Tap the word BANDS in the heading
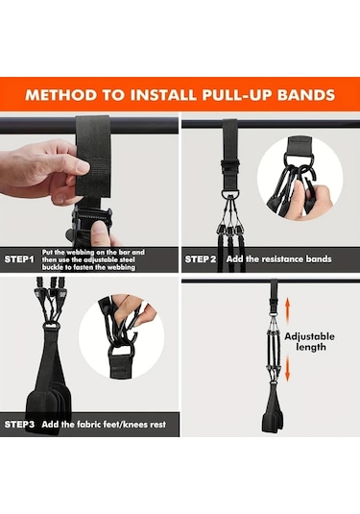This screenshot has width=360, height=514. (x=306, y=95)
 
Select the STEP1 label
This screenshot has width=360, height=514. (x=19, y=259)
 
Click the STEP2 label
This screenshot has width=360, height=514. (x=201, y=259)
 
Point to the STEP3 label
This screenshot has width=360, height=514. (x=19, y=425)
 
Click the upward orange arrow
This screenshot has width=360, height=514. (x=287, y=306)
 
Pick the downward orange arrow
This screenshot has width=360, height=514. (x=287, y=369)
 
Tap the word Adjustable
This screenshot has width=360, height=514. (x=309, y=336)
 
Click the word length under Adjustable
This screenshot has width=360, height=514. (x=311, y=347)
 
